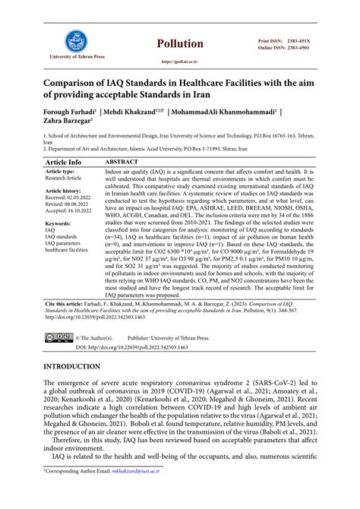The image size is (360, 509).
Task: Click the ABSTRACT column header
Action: coord(122,163)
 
